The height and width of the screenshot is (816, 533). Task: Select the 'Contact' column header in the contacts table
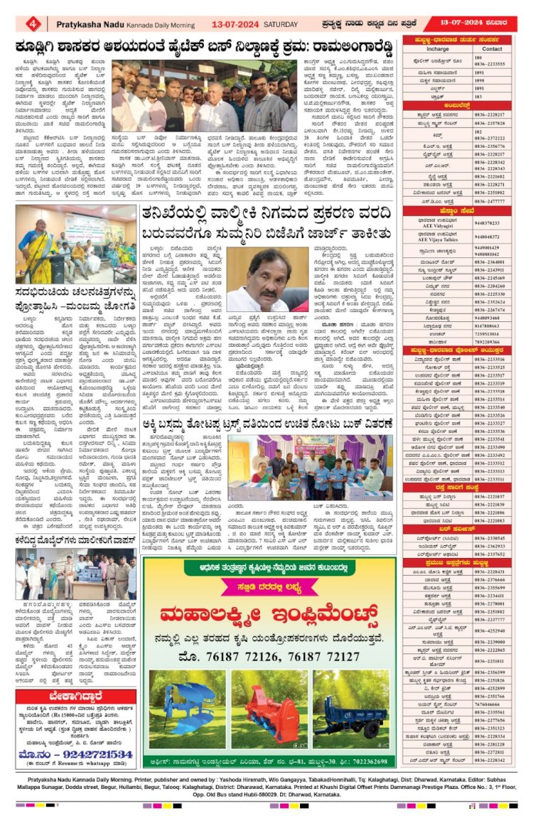coord(492,48)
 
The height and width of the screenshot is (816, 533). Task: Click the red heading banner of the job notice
coord(75,697)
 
